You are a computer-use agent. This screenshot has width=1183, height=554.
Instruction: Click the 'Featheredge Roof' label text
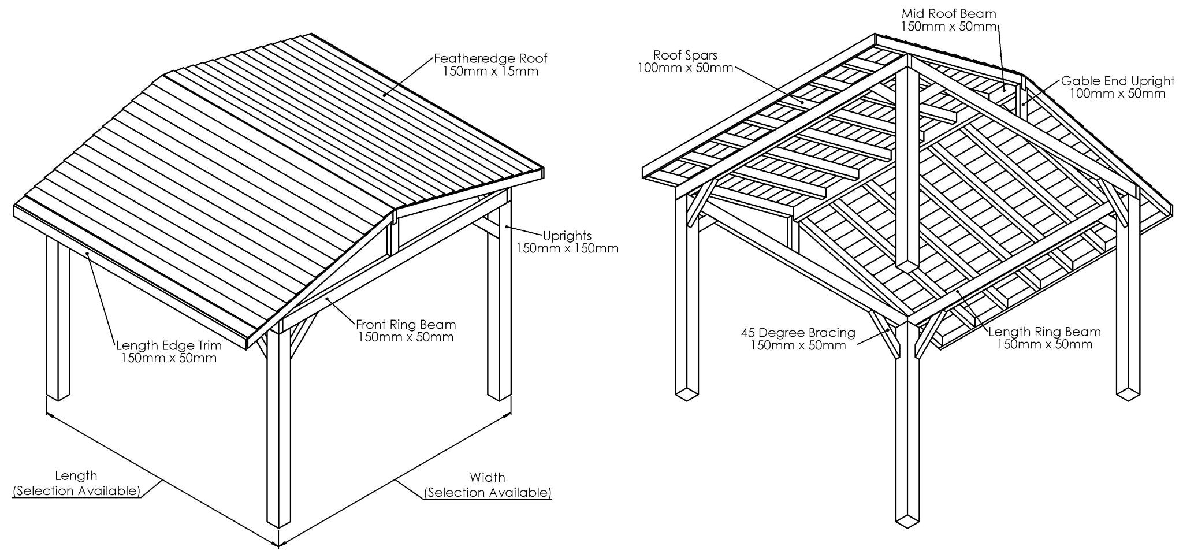[490, 58]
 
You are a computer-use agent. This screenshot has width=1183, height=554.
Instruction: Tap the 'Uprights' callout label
[567, 236]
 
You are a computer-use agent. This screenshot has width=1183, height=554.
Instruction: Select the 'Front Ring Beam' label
[406, 325]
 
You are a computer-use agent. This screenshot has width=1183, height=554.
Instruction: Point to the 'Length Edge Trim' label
[169, 345]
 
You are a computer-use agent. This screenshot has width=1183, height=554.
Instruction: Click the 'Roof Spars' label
[685, 55]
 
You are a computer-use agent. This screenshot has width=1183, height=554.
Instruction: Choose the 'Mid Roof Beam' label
[948, 13]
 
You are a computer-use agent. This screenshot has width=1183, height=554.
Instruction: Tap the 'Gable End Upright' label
[1118, 81]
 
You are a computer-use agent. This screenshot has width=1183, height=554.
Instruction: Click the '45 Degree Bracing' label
[798, 333]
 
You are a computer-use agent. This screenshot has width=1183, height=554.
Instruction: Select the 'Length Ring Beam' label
[1044, 332]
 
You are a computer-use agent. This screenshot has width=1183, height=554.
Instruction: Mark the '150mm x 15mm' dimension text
[490, 72]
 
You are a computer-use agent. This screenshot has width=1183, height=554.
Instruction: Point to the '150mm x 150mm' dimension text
[567, 249]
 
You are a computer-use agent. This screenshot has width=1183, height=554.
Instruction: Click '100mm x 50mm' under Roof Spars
[685, 68]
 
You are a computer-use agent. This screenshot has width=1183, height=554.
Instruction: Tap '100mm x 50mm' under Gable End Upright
[1118, 94]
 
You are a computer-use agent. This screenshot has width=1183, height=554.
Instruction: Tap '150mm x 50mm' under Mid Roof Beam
[948, 26]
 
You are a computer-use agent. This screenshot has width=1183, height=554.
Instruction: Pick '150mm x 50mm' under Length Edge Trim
[169, 358]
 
